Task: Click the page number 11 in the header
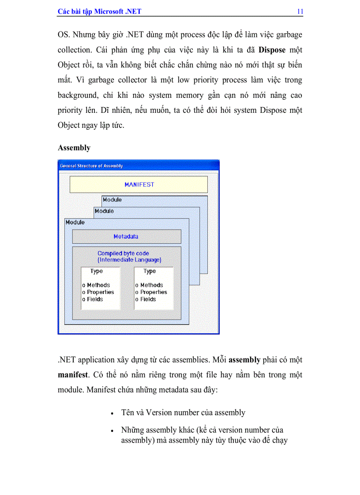[300, 11]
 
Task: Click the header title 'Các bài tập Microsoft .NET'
[99, 11]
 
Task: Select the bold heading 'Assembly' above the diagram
[74, 148]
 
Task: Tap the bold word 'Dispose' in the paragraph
[272, 50]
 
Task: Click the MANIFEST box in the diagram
[139, 185]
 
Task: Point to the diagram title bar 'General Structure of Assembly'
[91, 166]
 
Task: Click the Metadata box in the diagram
[126, 237]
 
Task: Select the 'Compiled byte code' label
[123, 253]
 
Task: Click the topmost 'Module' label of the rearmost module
[112, 200]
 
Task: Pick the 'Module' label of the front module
[75, 223]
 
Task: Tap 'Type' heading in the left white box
[97, 272]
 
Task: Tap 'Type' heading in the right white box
[150, 272]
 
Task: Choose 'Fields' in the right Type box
[148, 299]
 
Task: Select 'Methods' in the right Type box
[151, 285]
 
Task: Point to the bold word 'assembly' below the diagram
[244, 360]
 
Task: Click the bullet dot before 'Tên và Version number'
[112, 414]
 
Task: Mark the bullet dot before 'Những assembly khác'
[112, 431]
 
